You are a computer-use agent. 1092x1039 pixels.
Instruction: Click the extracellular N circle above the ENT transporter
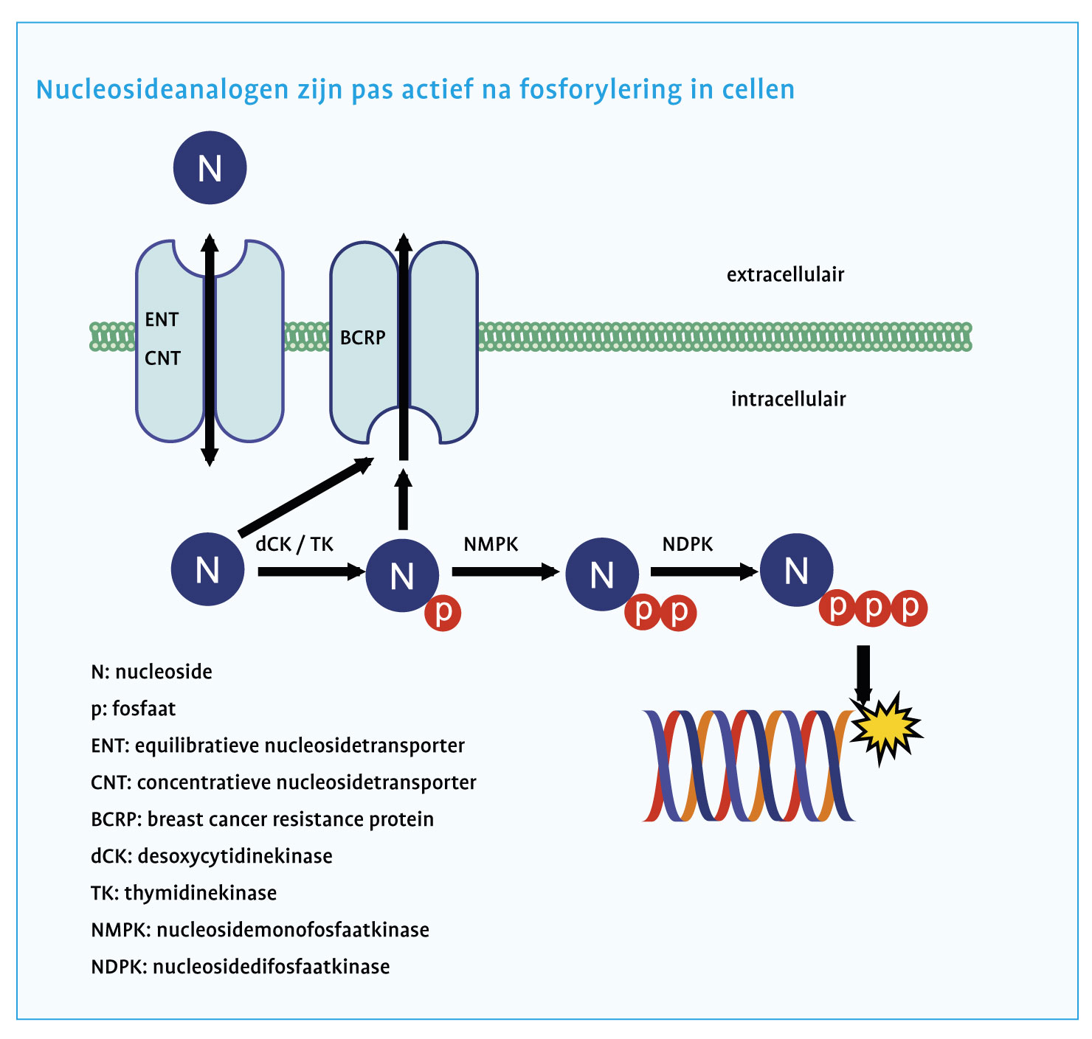click(x=210, y=168)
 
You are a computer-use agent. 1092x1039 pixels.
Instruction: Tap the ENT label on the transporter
click(x=162, y=320)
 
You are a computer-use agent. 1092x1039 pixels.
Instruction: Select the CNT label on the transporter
click(x=162, y=358)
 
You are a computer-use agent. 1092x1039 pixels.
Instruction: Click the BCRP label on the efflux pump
click(x=362, y=338)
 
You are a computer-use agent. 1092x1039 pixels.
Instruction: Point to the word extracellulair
click(x=785, y=275)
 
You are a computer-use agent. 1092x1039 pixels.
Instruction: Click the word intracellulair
click(x=788, y=400)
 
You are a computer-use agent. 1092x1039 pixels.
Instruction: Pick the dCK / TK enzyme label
click(x=294, y=544)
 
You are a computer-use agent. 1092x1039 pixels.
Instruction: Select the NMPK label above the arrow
click(x=491, y=544)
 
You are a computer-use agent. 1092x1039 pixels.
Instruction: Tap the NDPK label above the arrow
click(x=688, y=544)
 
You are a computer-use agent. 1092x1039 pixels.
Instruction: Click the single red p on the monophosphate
click(x=443, y=612)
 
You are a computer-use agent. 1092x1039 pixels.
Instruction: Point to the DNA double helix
click(x=749, y=765)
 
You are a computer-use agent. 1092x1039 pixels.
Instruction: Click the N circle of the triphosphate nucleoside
click(x=797, y=571)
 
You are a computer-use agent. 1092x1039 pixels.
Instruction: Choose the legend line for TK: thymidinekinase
click(x=184, y=893)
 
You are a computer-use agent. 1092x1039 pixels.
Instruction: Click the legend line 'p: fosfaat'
click(x=134, y=709)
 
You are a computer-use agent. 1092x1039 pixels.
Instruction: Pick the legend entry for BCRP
click(x=262, y=819)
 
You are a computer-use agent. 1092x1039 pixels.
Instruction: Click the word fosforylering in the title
click(x=590, y=90)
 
